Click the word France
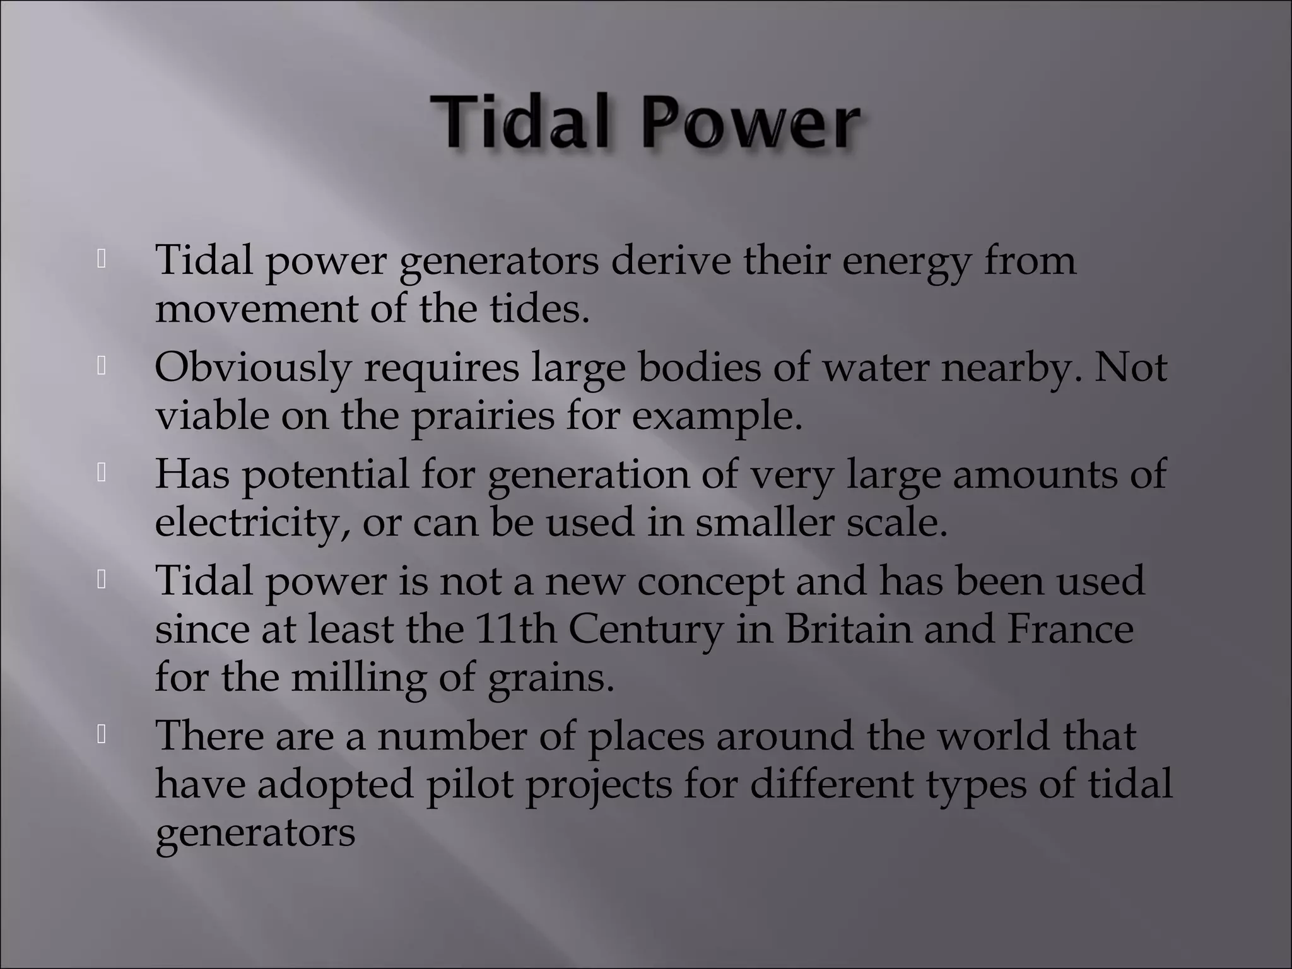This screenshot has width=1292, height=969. tap(1070, 629)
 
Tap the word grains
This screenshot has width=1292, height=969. tap(551, 678)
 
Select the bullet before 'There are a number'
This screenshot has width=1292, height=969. tap(101, 734)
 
